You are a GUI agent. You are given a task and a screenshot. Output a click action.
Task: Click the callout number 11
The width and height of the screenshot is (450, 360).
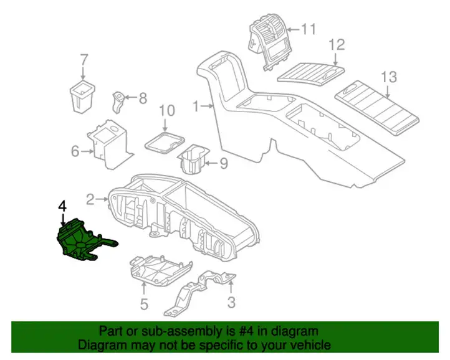[x=308, y=29]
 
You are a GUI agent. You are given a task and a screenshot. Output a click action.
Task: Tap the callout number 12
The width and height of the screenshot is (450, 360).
[x=337, y=45]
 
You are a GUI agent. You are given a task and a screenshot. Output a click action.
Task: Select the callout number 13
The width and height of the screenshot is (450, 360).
[x=389, y=77]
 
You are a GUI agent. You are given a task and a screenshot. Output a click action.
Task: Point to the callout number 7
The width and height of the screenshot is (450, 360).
[x=84, y=60]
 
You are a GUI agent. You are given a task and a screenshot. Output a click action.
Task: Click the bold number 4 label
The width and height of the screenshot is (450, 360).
[x=63, y=207]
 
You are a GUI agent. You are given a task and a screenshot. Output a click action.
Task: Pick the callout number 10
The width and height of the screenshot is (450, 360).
[x=167, y=110]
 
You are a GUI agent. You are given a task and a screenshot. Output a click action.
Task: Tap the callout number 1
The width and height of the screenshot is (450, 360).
[x=196, y=107]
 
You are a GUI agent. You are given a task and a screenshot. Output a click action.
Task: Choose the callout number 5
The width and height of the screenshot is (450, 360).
[x=144, y=304]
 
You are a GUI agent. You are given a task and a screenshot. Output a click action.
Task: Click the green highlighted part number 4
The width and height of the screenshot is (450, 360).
[x=84, y=240]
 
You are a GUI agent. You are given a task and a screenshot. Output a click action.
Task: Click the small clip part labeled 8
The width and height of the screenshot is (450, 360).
[x=117, y=102]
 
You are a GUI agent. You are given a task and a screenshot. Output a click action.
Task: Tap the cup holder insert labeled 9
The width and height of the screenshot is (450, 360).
[x=193, y=159]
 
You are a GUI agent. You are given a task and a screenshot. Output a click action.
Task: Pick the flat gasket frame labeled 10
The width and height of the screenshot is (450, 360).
[x=165, y=142]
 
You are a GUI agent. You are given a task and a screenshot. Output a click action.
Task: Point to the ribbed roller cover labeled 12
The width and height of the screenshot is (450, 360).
[x=311, y=72]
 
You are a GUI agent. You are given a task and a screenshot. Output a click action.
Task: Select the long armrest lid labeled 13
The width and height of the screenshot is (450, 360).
[x=377, y=108]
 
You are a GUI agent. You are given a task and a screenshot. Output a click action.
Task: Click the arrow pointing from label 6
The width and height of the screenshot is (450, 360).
[x=87, y=151]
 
